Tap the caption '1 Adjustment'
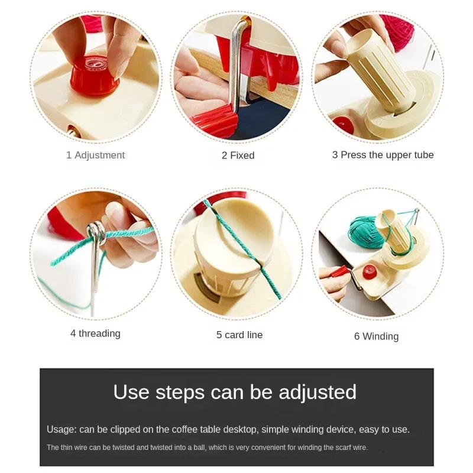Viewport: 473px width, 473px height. tap(95, 155)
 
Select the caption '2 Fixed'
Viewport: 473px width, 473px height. tap(238, 155)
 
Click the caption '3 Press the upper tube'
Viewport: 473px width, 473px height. tap(383, 155)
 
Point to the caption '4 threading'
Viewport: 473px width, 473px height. tap(95, 333)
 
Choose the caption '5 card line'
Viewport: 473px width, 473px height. tap(239, 335)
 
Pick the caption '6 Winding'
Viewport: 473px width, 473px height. tap(376, 336)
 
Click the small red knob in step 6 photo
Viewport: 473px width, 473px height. tap(370, 272)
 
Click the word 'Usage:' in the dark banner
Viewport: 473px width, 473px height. tap(61, 429)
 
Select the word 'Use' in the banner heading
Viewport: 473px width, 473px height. tap(132, 392)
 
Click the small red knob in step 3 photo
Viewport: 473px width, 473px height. tap(343, 125)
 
